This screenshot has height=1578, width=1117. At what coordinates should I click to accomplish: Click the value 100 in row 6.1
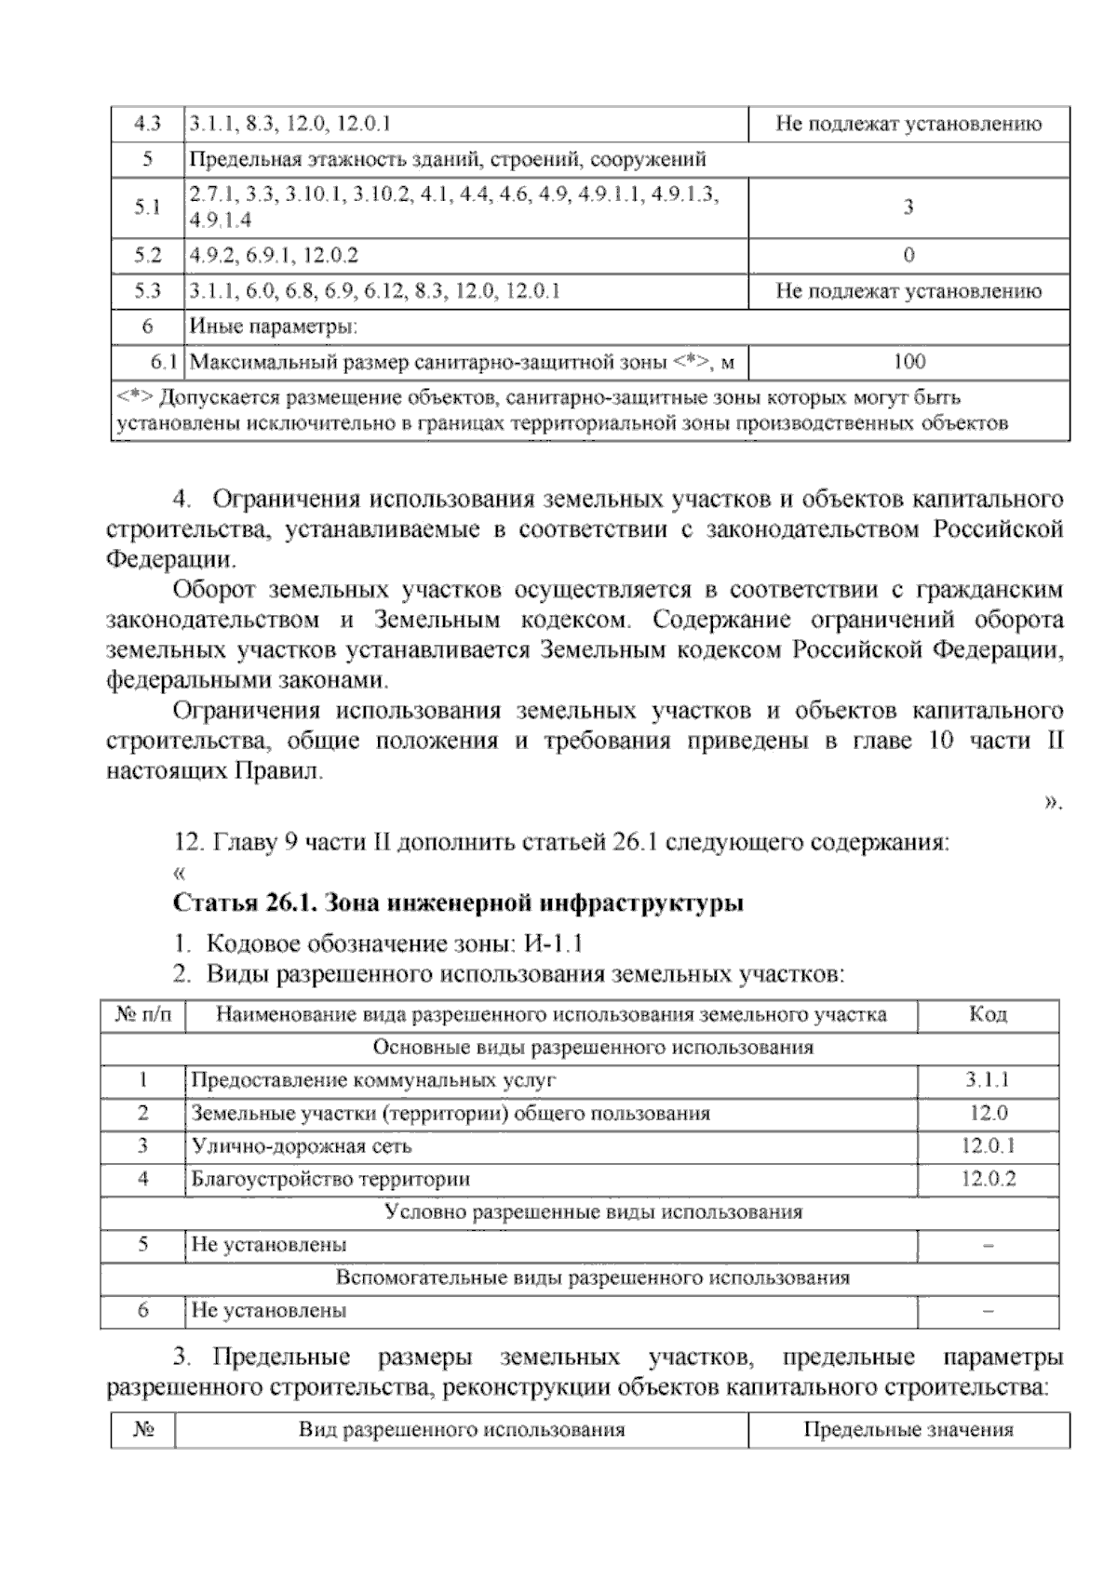908,362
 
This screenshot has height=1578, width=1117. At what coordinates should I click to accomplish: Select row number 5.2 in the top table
147,255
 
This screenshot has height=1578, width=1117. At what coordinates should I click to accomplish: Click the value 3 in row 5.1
908,207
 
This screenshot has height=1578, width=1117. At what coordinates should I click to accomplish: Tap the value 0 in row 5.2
908,255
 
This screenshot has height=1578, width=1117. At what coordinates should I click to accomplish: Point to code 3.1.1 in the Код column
988,1080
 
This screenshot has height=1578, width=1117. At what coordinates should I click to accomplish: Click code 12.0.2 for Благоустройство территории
988,1179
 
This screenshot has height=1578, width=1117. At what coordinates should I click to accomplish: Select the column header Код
988,1014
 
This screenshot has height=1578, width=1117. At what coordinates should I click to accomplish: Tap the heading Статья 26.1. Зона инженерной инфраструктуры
458,903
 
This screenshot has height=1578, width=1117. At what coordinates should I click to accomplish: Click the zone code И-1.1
553,943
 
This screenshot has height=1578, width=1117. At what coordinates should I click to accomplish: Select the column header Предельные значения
908,1429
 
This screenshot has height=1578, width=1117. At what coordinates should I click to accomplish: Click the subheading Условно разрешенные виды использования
593,1212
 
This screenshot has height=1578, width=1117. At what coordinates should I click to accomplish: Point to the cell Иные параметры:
274,327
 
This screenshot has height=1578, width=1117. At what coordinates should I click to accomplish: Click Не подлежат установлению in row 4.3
908,124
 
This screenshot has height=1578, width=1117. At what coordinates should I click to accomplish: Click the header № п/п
142,1014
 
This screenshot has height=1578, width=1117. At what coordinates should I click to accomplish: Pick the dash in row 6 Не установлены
988,1310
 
